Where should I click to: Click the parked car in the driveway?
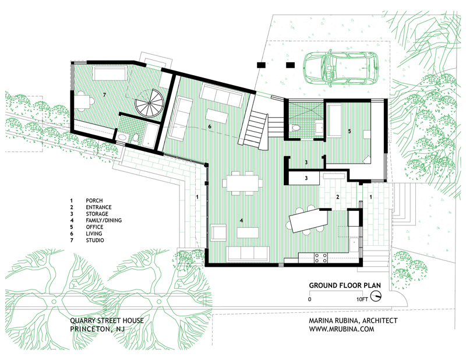[x=341, y=68]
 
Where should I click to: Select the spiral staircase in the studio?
[x=149, y=104]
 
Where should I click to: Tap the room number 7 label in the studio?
[x=104, y=95]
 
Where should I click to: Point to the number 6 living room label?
[x=210, y=126]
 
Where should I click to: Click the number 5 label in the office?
[x=349, y=131]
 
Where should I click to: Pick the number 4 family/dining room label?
[x=241, y=221]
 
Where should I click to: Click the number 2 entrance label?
[x=338, y=197]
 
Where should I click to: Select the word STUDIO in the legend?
[x=95, y=240]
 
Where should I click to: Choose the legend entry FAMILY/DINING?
[x=104, y=220]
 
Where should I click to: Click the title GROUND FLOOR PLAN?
[x=345, y=285]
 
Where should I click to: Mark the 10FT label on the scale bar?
[x=362, y=299]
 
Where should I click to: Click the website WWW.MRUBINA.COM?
[x=341, y=329]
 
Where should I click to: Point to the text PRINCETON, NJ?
[x=97, y=329]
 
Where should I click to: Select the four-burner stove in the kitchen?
[x=321, y=257]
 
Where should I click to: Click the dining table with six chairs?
[x=242, y=183]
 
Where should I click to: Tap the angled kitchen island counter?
[x=308, y=220]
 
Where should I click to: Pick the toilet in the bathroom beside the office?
[x=295, y=128]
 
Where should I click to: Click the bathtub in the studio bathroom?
[x=151, y=135]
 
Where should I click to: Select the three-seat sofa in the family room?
[x=248, y=254]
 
